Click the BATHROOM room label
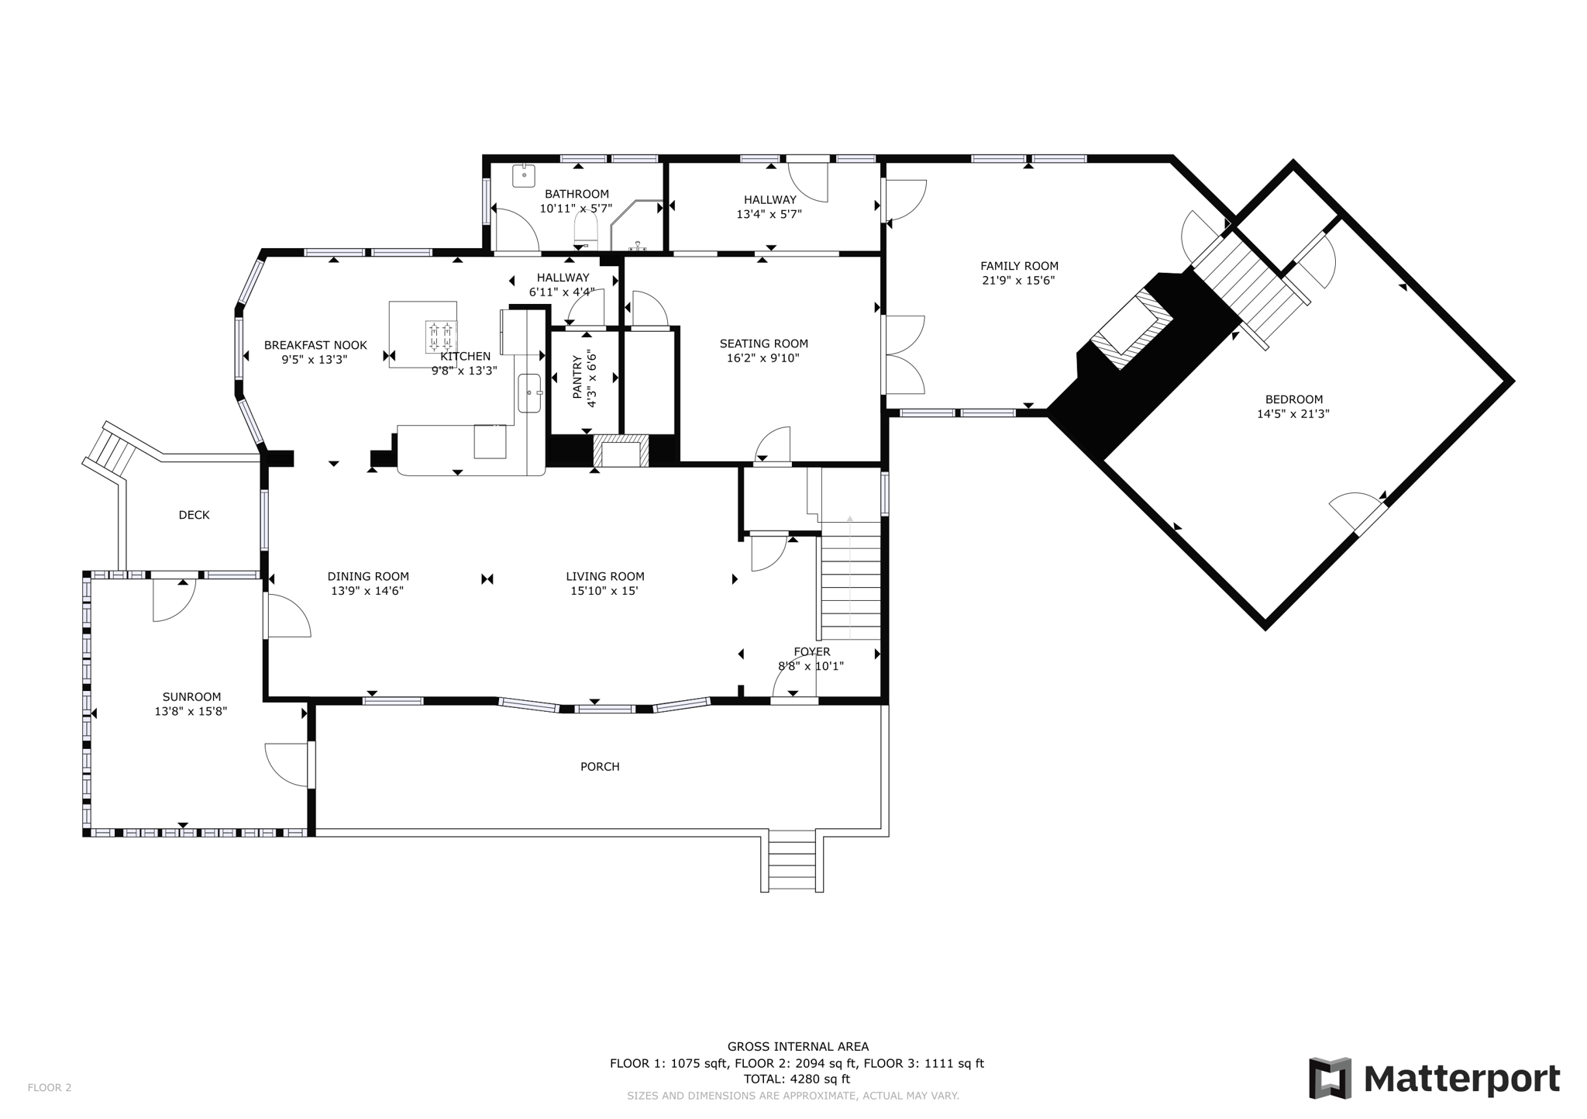coord(577,194)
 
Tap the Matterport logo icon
coord(1330,1078)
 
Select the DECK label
coord(194,515)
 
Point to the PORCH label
coord(600,767)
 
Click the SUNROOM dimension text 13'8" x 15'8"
coord(191,711)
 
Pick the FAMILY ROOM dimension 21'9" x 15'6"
coord(1018,281)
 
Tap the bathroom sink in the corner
coord(525,175)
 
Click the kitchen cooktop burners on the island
coord(440,336)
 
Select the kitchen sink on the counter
coord(530,392)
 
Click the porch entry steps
coord(791,861)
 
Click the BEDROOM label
coord(1293,399)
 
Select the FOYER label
coord(811,651)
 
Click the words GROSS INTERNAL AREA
coord(797,1047)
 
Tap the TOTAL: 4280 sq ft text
coord(797,1079)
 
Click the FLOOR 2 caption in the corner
coord(50,1087)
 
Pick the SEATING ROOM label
coord(763,344)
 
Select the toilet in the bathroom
coord(586,229)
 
